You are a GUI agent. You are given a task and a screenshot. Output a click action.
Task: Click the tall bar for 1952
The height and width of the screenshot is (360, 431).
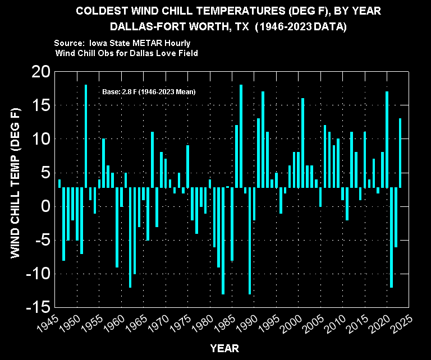86,136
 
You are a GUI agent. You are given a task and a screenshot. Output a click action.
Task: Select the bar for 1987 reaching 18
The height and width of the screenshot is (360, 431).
241,136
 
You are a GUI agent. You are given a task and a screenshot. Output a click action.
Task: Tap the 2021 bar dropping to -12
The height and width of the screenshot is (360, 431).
391,238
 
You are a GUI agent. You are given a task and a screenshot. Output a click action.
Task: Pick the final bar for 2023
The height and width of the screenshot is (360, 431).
400,153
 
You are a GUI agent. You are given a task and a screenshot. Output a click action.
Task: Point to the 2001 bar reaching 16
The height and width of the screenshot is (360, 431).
303,143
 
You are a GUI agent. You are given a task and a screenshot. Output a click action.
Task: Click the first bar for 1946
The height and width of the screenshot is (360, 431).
59,183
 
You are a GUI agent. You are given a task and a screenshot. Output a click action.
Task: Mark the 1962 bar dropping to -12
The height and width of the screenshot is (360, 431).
130,238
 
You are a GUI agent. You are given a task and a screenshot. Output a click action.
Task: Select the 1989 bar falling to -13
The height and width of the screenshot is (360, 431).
250,241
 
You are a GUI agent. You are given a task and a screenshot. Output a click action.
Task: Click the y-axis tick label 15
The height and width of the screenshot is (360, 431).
41,105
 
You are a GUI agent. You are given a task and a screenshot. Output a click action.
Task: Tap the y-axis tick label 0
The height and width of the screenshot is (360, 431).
46,206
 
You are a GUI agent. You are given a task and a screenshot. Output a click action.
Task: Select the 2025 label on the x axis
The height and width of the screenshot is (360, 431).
402,324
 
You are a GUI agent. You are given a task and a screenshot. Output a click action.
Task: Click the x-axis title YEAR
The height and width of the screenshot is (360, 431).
224,348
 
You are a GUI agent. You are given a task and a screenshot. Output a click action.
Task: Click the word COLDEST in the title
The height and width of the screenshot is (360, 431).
102,11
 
